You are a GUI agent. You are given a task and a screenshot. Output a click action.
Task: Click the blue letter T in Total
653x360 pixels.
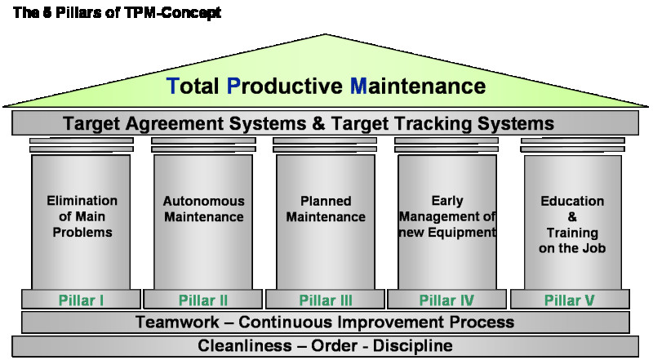(173, 86)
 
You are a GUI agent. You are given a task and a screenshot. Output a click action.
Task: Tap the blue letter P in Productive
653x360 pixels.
(233, 86)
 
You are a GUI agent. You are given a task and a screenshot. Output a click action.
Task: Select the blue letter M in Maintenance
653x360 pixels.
(358, 86)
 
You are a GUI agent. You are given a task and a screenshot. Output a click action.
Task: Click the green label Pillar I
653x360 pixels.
(81, 300)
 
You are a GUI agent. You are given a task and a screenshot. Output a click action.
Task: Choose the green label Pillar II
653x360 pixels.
(203, 300)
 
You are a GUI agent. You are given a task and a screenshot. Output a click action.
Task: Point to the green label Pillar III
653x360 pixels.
(326, 300)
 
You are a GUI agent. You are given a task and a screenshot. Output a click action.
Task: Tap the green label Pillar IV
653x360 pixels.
(446, 300)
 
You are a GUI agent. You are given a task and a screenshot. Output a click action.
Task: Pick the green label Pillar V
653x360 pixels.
(569, 300)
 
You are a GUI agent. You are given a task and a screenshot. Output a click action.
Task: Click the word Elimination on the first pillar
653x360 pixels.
(82, 201)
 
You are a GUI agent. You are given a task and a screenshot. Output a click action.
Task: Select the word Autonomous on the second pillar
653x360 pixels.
(203, 201)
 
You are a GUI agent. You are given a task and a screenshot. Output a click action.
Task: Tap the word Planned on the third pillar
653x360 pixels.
(326, 201)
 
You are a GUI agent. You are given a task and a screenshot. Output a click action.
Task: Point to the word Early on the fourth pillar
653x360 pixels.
(447, 201)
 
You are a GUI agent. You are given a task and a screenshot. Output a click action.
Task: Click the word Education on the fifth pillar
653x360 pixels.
(572, 201)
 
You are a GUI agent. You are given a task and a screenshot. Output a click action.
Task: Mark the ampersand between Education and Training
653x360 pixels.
(572, 216)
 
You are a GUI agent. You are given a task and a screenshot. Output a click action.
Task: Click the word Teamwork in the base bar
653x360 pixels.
(177, 322)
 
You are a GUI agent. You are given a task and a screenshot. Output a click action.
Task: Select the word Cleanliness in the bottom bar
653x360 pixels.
(245, 345)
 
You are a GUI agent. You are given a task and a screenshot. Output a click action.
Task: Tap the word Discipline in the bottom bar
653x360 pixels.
(413, 346)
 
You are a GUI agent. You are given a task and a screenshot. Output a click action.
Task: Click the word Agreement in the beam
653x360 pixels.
(174, 124)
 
